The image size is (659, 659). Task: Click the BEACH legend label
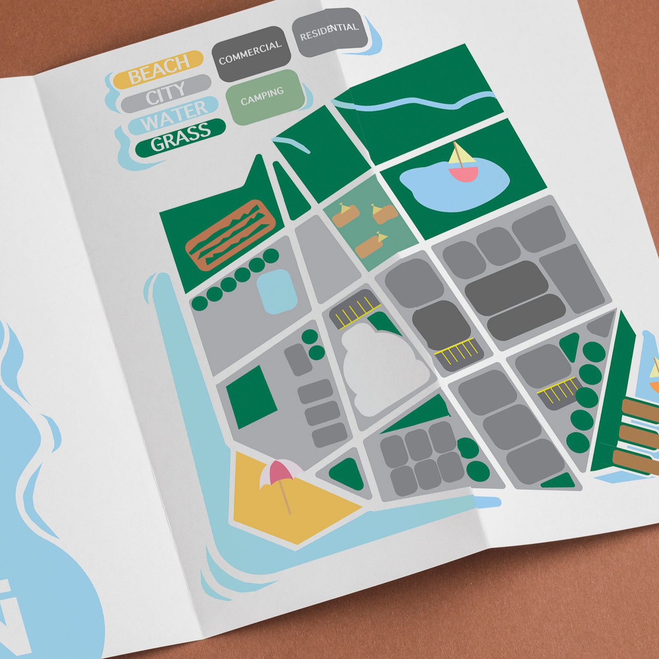pos(158,69)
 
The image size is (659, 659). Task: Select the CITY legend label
pos(166,93)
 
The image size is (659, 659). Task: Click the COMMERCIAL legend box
pos(251,53)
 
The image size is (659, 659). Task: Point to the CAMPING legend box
pos(263,96)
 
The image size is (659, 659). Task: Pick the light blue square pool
pos(277,291)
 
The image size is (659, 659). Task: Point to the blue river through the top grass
pos(415,102)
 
